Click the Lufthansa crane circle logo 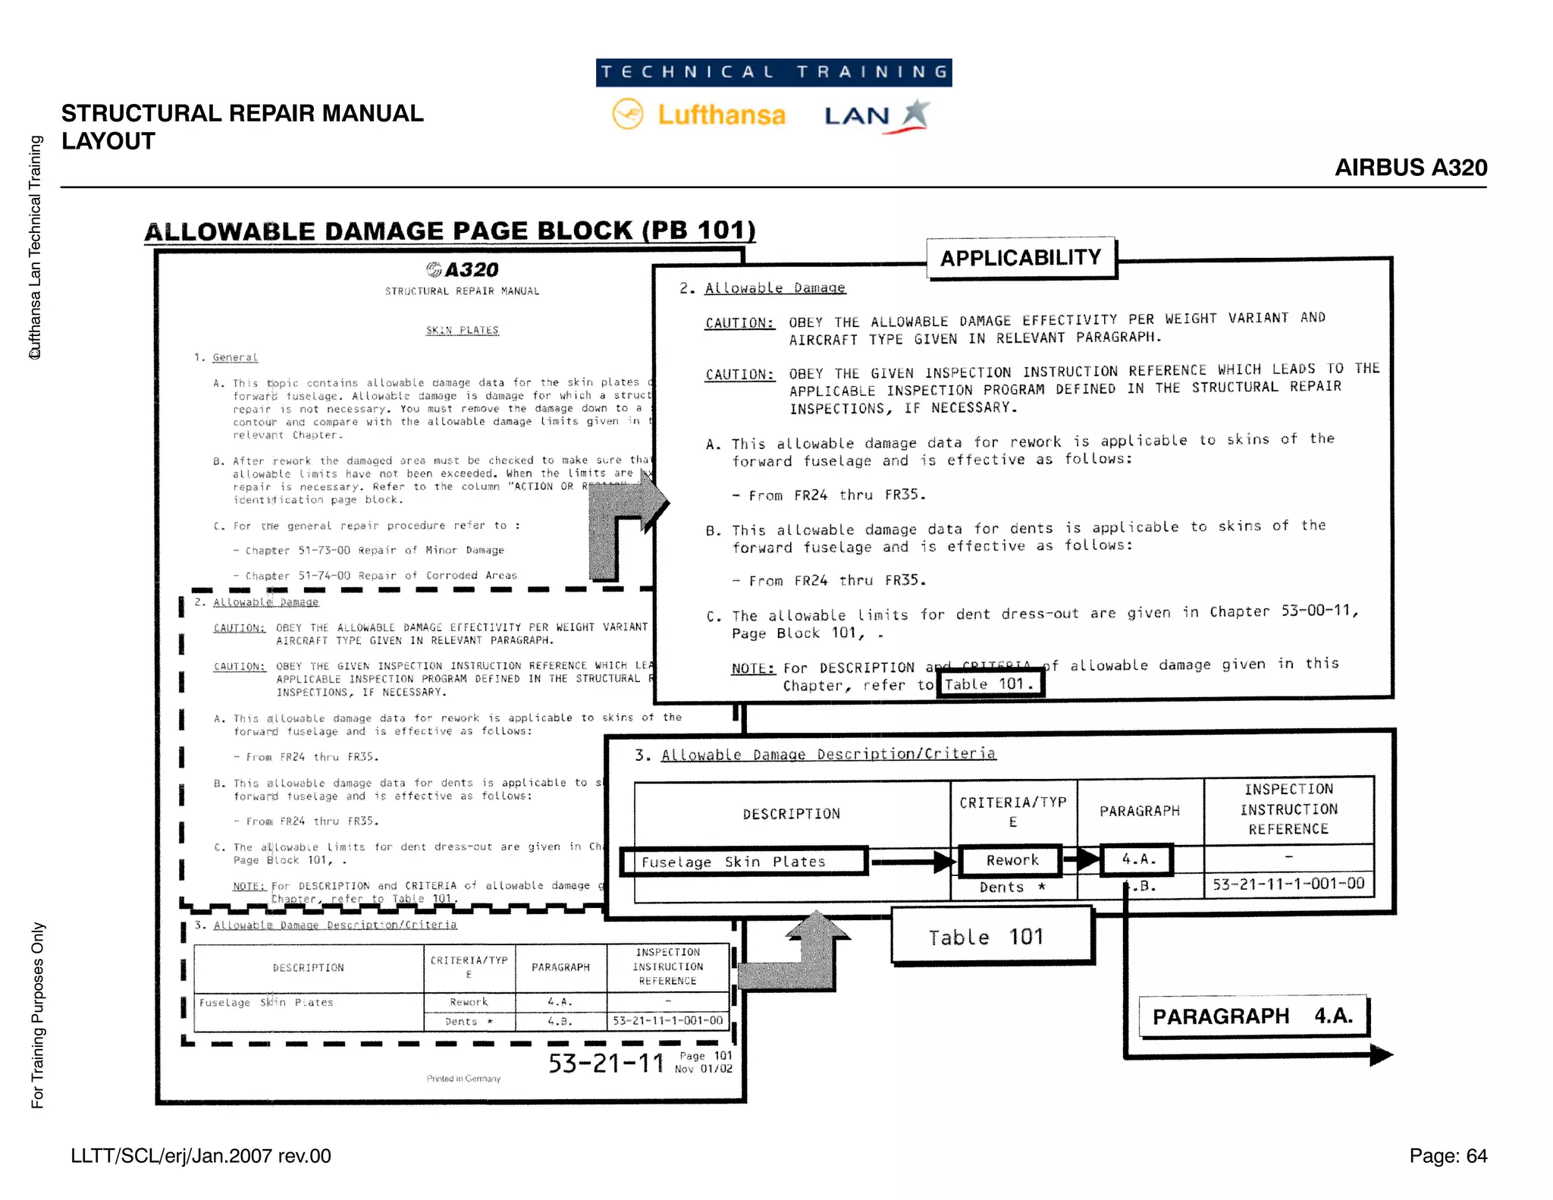pos(628,115)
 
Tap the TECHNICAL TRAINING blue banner pos(773,73)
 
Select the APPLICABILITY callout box pos(1021,258)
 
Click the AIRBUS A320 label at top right pos(1410,168)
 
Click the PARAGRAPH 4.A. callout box pos(1253,1016)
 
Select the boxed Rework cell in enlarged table pos(1012,860)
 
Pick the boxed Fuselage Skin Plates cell pos(743,862)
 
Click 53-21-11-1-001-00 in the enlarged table pos(1288,884)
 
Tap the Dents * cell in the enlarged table pos(1012,887)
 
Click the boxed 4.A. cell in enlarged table pos(1138,859)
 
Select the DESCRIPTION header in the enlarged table pos(791,814)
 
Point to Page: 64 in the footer pos(1448,1156)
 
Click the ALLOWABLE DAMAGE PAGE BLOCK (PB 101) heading pos(450,231)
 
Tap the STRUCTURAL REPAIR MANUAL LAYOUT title pos(242,127)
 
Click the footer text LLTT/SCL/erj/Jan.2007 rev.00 pos(201,1156)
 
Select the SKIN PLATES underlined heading pos(462,331)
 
